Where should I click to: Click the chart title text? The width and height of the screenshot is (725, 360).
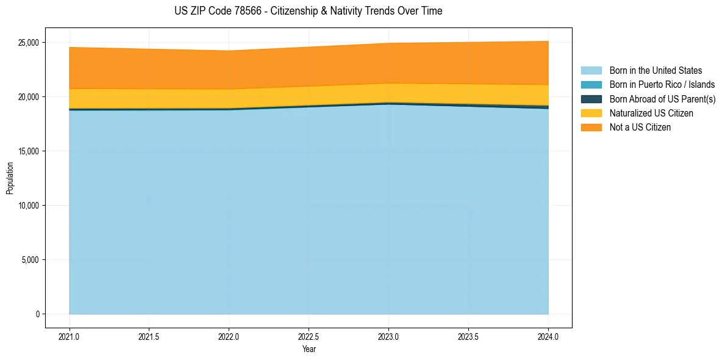point(308,11)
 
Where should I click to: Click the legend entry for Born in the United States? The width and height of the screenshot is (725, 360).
point(655,71)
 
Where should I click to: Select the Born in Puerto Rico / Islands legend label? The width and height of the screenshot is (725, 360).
point(662,85)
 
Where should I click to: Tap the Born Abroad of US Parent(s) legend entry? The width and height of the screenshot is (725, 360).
point(662,99)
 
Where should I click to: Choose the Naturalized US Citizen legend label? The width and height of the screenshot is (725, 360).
point(651,113)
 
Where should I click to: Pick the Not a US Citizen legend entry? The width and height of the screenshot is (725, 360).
point(640,128)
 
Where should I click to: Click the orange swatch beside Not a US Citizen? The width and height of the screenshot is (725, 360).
point(591,128)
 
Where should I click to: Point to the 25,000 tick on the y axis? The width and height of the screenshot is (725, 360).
point(29,43)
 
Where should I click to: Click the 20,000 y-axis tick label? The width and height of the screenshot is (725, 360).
point(29,97)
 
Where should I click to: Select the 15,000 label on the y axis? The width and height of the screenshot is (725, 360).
point(29,151)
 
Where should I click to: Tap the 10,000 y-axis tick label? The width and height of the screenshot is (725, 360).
point(29,206)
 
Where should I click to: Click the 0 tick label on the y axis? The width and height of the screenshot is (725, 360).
point(37,314)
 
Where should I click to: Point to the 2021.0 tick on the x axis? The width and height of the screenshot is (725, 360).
point(70,336)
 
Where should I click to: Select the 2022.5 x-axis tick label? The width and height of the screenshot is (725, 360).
point(309,336)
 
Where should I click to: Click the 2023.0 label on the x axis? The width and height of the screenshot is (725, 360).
point(388,336)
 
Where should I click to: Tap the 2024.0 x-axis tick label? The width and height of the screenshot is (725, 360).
point(548,336)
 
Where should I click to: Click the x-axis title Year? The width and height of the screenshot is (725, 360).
point(309,350)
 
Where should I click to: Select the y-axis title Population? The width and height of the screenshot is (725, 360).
point(10,178)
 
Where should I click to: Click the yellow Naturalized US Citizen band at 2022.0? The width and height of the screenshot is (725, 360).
point(229,99)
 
